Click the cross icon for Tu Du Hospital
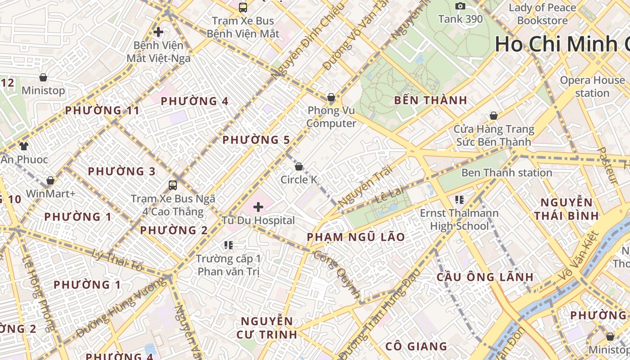(258, 207)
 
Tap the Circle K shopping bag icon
(299, 166)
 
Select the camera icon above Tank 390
(460, 6)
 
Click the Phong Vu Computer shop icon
(331, 97)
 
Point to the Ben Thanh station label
(507, 173)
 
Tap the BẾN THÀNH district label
(431, 100)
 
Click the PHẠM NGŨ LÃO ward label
(355, 237)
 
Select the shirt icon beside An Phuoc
(23, 146)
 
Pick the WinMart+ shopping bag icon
(50, 180)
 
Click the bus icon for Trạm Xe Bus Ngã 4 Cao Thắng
(172, 185)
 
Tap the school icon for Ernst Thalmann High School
(459, 199)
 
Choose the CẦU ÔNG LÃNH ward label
(485, 277)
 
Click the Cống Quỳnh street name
(337, 274)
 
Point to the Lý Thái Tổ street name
(117, 261)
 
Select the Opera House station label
(592, 87)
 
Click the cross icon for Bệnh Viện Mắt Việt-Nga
(158, 32)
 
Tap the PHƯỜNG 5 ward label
(256, 140)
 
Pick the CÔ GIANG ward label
(416, 346)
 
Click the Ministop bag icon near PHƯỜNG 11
(43, 77)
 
